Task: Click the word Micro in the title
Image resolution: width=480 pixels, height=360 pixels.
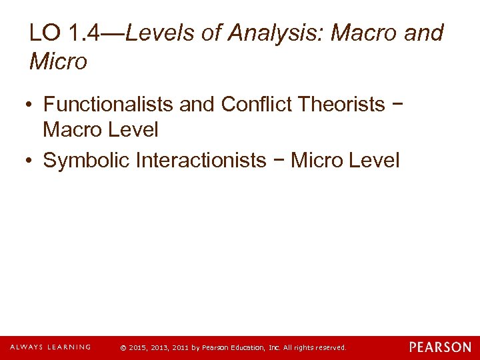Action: tap(58, 62)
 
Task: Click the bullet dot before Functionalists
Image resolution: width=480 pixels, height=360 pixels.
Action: tap(31, 105)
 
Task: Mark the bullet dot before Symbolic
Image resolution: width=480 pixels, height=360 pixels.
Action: tap(31, 161)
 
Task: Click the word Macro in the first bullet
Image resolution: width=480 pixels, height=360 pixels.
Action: tap(73, 129)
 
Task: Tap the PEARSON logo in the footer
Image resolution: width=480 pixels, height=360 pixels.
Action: tap(440, 347)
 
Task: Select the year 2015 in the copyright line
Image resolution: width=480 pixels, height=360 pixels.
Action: tap(136, 348)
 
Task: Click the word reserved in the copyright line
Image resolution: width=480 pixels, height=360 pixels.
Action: tap(331, 348)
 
